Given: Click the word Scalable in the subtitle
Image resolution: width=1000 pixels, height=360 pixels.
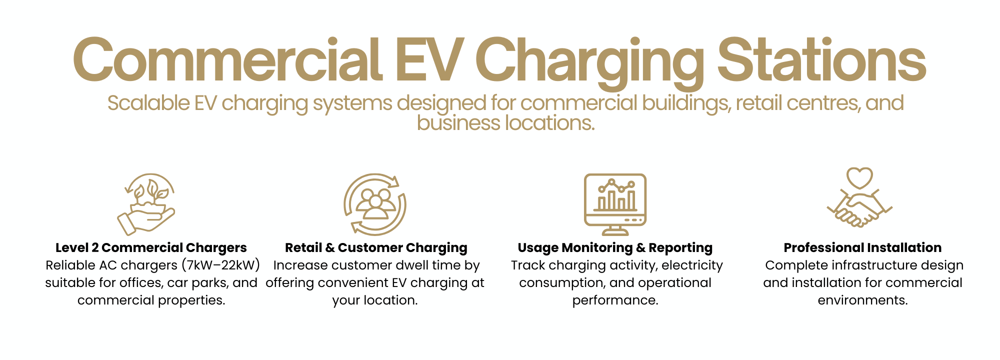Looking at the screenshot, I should (x=148, y=103).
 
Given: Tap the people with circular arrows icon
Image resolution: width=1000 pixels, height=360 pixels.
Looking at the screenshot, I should (x=374, y=204).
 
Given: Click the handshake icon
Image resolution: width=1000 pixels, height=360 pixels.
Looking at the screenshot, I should (x=859, y=210).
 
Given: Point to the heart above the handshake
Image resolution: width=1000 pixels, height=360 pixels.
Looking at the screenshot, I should (x=859, y=177).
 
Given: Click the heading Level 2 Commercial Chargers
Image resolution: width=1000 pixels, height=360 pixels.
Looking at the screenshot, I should (x=151, y=247).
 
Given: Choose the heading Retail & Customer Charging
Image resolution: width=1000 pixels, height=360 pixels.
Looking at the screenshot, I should (x=376, y=247).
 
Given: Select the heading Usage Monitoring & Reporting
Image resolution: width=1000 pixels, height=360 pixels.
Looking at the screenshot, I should (x=615, y=247).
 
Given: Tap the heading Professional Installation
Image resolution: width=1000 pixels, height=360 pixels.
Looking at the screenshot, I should (x=862, y=247).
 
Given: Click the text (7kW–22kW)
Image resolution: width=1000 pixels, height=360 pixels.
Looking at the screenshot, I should (x=220, y=265).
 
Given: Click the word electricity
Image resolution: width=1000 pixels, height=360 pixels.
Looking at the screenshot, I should (x=692, y=265).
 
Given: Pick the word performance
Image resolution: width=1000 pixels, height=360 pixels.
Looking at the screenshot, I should (x=615, y=300).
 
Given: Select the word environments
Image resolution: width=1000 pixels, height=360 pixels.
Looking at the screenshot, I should (x=862, y=300).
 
